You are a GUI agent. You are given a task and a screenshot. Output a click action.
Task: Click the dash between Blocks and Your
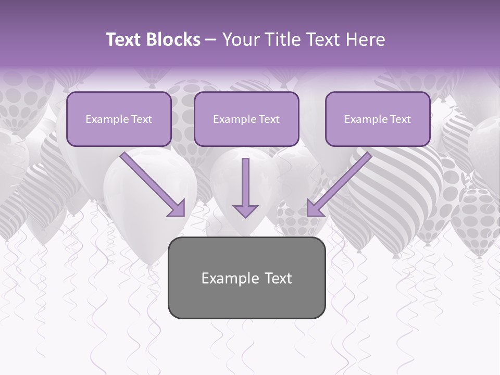click(x=211, y=40)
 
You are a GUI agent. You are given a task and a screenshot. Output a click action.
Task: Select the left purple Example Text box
click(x=119, y=119)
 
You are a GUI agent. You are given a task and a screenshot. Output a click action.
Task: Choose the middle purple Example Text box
click(x=246, y=119)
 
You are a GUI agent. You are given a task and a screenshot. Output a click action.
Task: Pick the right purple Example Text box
click(x=378, y=119)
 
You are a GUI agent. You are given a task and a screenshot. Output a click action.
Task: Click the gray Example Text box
click(x=246, y=278)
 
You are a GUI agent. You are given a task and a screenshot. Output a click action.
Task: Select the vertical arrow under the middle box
click(x=245, y=187)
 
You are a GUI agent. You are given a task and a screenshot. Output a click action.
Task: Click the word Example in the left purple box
click(x=104, y=119)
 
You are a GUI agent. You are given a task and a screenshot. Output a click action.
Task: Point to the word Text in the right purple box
click(x=400, y=119)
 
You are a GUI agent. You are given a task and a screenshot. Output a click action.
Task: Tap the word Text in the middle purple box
click(x=269, y=119)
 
